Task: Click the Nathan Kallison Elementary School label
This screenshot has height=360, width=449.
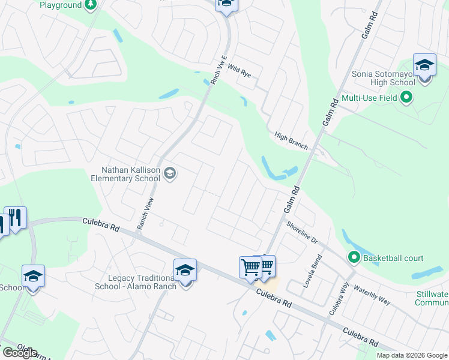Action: click(x=125, y=174)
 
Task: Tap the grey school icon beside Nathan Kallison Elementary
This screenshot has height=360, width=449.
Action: click(x=170, y=174)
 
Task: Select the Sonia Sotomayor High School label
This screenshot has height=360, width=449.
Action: click(x=385, y=78)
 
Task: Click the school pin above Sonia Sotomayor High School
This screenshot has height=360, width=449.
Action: click(x=424, y=65)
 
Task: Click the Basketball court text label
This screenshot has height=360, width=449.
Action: click(x=393, y=259)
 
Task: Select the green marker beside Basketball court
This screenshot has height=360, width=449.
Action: click(x=354, y=259)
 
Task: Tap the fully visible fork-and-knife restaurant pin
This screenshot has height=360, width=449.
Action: click(x=15, y=217)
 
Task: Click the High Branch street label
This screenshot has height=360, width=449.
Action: click(x=291, y=141)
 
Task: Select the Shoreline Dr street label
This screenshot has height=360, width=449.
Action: click(x=301, y=233)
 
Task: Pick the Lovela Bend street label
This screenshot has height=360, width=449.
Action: click(x=312, y=272)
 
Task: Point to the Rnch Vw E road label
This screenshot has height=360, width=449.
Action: click(x=218, y=71)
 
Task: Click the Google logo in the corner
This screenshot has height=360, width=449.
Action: click(x=20, y=352)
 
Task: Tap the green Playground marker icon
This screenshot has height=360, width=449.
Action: click(x=90, y=5)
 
